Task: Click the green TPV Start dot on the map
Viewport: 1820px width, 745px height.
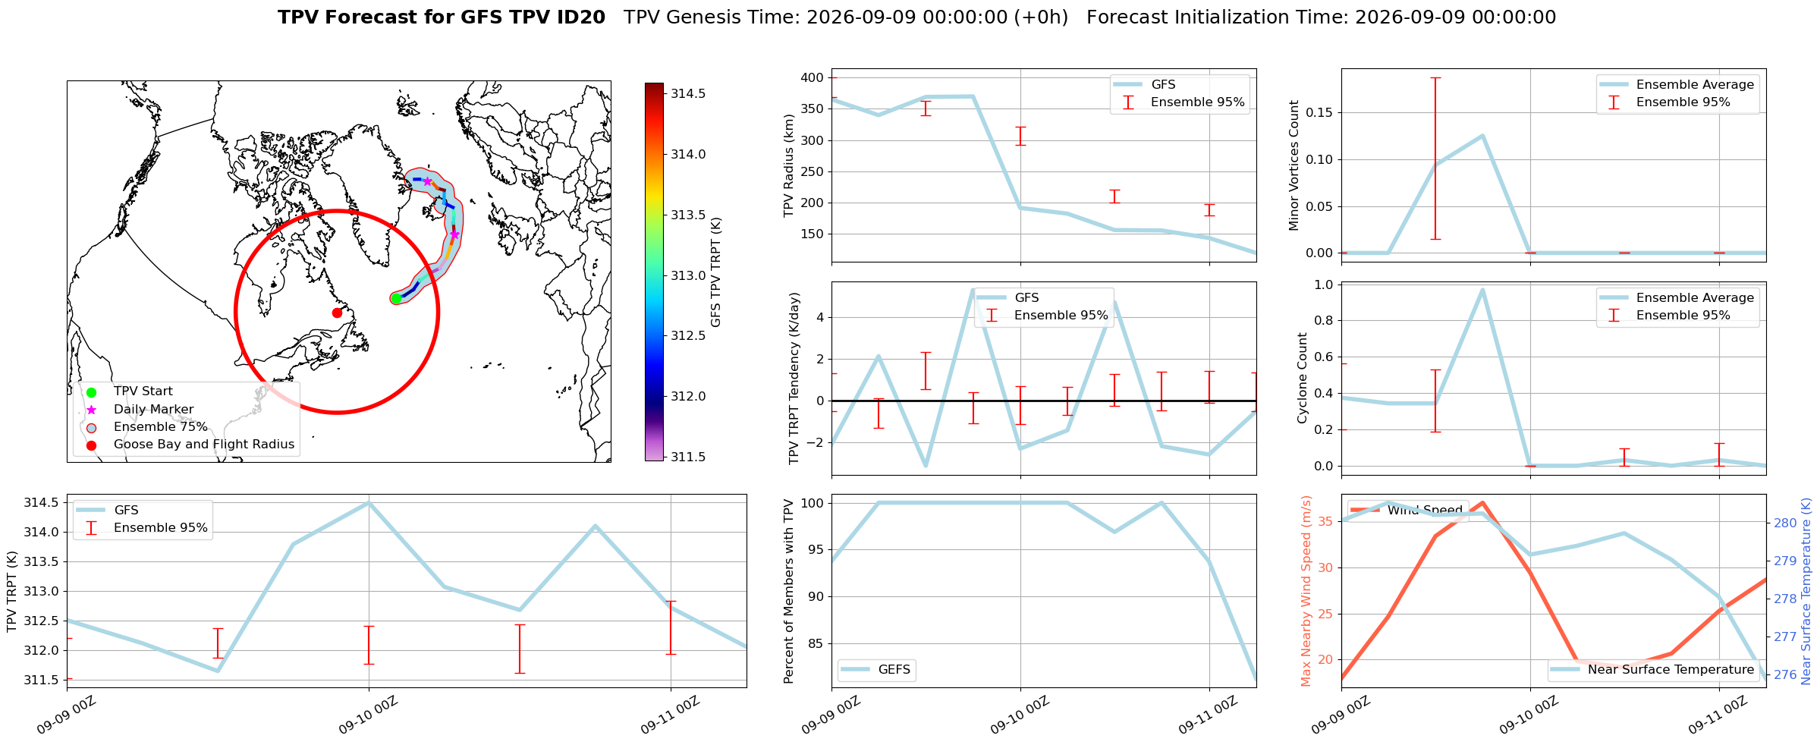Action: [396, 298]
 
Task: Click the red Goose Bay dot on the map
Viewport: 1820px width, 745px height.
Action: [337, 313]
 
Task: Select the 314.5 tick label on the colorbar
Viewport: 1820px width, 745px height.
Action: [688, 93]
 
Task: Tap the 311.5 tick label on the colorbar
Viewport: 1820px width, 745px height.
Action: [688, 457]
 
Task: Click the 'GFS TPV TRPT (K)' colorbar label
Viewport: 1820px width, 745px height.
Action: [716, 272]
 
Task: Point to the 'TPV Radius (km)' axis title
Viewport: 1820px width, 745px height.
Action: [789, 165]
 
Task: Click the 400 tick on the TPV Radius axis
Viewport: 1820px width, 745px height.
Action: [813, 77]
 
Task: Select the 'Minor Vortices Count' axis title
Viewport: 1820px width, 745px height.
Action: [1294, 165]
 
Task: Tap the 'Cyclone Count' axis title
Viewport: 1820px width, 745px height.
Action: [1303, 378]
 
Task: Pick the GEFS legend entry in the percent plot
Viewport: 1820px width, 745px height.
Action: [876, 669]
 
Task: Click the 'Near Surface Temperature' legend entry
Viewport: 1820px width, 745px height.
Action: [1653, 669]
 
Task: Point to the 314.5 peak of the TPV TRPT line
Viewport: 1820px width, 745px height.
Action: [369, 502]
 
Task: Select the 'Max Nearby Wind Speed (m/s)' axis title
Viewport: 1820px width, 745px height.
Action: [1306, 591]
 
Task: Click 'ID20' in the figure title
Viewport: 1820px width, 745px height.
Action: [580, 17]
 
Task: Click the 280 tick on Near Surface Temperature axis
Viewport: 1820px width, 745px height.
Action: [1784, 523]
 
